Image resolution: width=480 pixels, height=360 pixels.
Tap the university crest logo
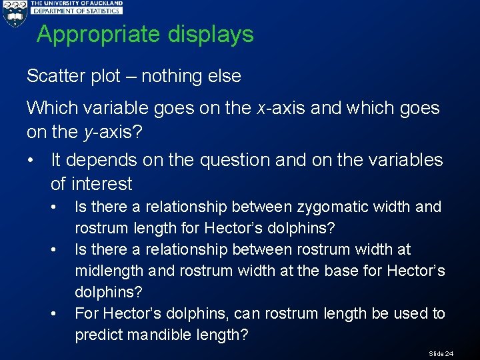(14, 14)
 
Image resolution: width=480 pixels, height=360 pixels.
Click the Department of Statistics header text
(77, 11)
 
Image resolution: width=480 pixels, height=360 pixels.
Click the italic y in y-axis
(87, 133)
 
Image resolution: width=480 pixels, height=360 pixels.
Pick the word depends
(105, 161)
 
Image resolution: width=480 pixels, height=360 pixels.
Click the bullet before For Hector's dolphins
(53, 313)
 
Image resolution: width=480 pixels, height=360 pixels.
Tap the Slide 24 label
(441, 353)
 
